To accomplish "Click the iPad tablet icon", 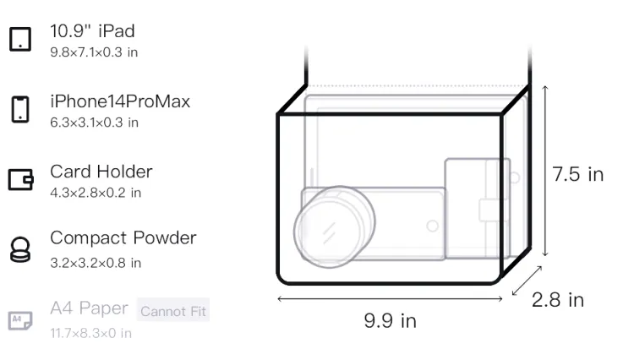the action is [20, 39].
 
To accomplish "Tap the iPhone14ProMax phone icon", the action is [20, 109].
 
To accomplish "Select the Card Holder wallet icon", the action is [20, 179].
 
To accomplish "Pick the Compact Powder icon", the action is [20, 249].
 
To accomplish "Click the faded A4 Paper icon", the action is [20, 320].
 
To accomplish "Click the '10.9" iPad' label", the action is [92, 31].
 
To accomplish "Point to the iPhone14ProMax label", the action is [120, 101].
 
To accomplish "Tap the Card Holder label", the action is [101, 172].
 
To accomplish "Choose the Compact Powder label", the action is [123, 238].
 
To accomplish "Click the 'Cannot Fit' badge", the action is [173, 310].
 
